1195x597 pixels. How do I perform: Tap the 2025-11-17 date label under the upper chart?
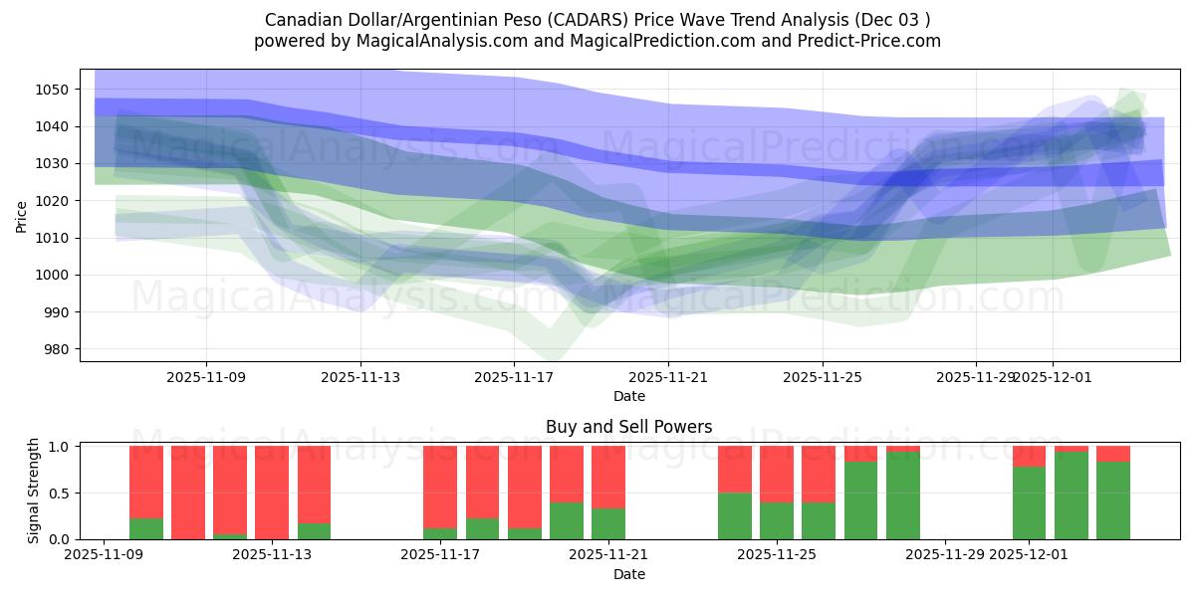pos(514,377)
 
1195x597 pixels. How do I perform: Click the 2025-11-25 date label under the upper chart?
pos(822,377)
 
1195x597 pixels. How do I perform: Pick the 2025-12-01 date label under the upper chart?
pos(1053,377)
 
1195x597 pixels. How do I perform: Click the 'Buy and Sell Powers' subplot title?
pos(628,427)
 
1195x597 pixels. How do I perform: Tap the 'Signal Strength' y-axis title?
pos(34,491)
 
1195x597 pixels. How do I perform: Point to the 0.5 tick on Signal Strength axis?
pos(58,493)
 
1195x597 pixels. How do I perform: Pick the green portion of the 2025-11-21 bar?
pos(608,524)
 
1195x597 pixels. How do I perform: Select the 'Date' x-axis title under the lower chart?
pos(628,574)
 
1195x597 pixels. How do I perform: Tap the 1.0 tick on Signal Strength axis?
pos(58,447)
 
